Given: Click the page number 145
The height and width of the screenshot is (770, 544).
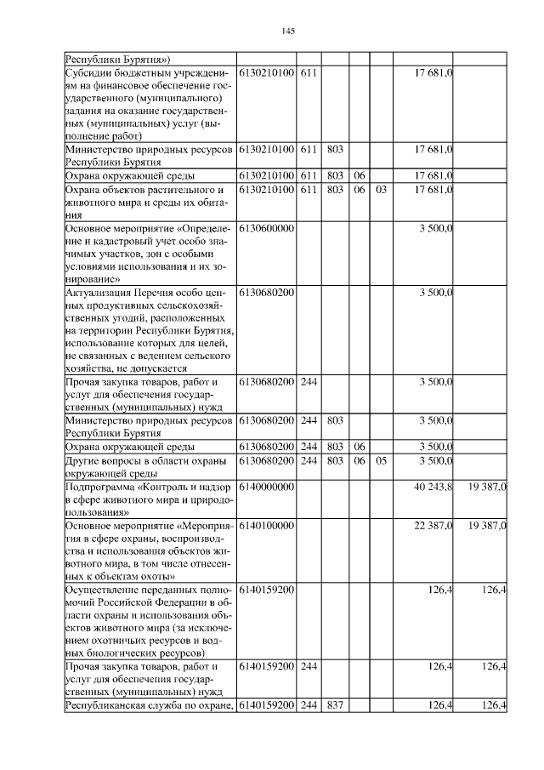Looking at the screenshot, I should click(287, 31).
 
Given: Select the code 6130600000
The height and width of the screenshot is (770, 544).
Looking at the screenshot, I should click(266, 229).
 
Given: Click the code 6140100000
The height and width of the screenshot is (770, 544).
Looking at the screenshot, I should click(266, 527).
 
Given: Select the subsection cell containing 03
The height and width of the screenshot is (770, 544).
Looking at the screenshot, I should click(381, 190).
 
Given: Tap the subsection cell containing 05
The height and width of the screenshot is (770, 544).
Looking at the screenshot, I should click(381, 460).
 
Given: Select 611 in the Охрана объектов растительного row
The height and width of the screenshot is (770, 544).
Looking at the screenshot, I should click(309, 190).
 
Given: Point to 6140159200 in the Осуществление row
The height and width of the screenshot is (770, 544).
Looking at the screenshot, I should click(266, 588).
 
